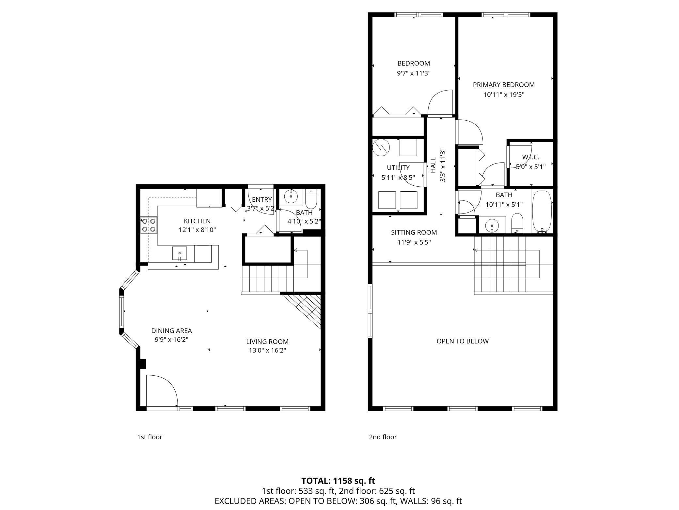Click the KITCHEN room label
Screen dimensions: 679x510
point(197,221)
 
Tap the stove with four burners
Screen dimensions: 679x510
point(149,225)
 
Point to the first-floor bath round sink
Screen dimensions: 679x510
point(291,197)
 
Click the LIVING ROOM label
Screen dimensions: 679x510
point(267,342)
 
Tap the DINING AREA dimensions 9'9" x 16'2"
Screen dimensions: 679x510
point(171,340)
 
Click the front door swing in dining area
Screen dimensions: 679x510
point(162,390)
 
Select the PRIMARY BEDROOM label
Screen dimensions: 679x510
point(504,85)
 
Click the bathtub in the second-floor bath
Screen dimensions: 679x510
point(542,212)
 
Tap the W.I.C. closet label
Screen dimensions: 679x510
point(530,157)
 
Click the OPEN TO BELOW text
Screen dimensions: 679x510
point(463,341)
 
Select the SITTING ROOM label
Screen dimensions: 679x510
point(414,232)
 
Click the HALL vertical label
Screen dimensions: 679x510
point(433,165)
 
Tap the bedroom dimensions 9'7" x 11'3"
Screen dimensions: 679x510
point(414,73)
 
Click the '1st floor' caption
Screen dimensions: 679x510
point(150,437)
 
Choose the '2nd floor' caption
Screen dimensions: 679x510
point(383,437)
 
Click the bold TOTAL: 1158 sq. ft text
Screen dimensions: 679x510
point(338,481)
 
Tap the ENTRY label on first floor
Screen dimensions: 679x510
point(262,199)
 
